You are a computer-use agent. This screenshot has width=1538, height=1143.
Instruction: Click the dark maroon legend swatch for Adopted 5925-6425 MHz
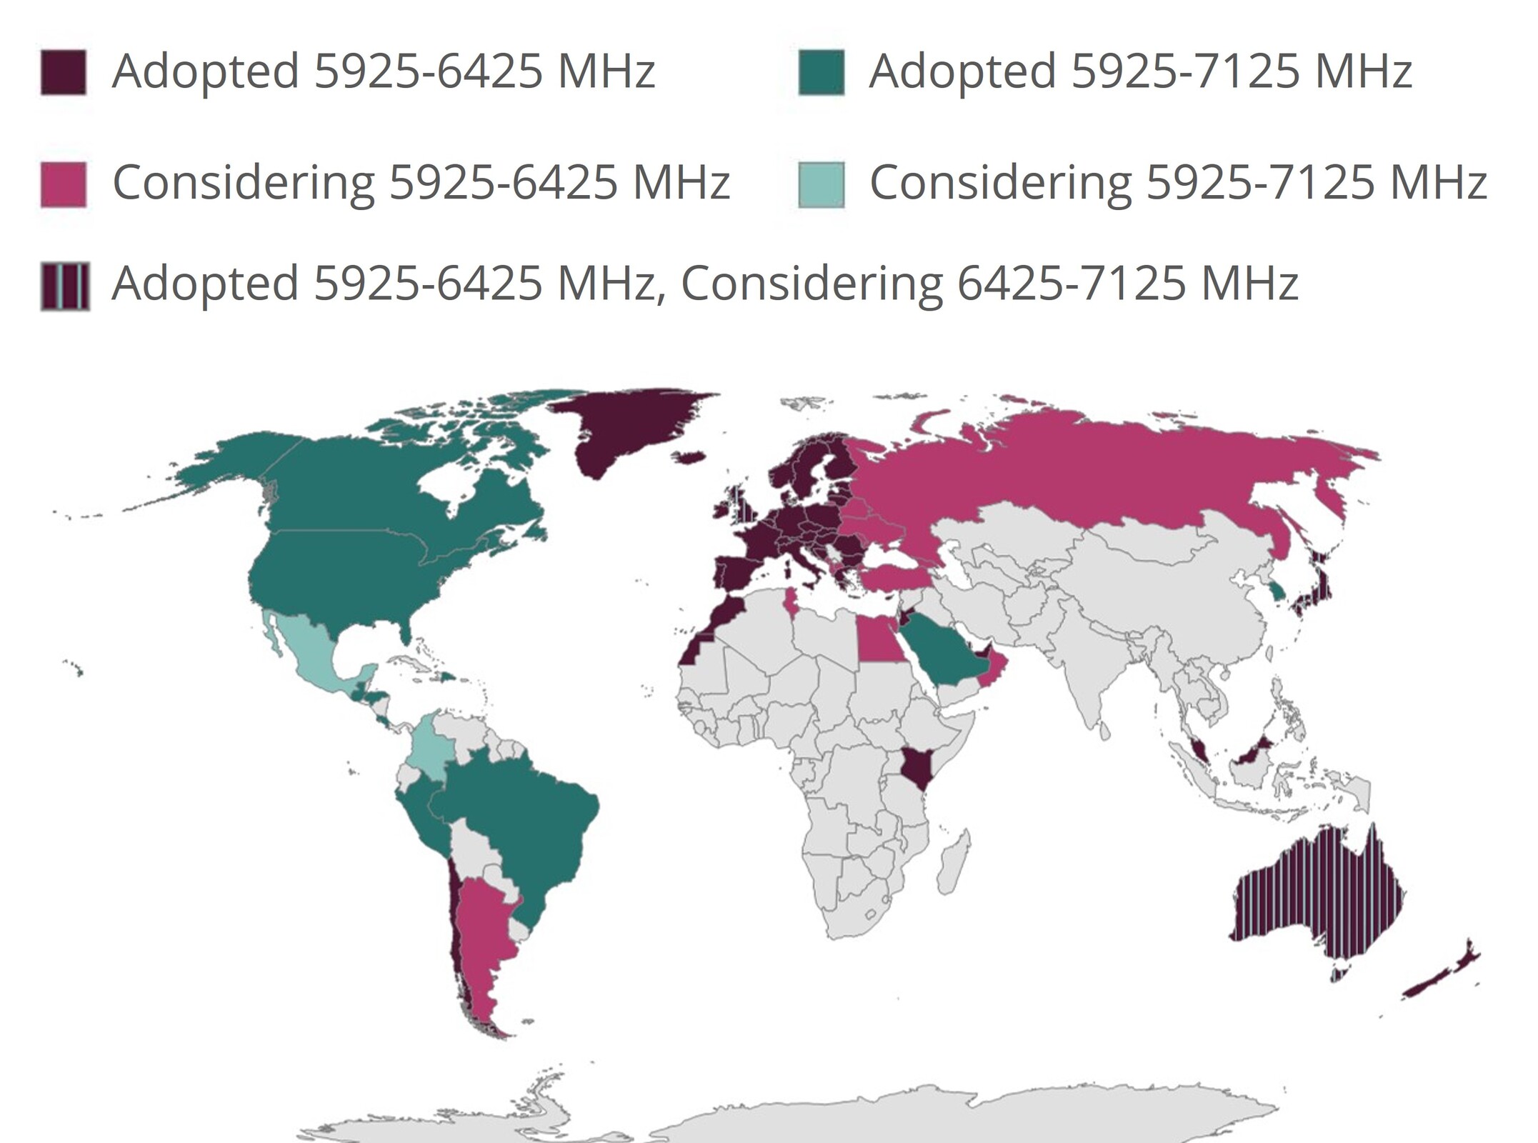click(x=64, y=72)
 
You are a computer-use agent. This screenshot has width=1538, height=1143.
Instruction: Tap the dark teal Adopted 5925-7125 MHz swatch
click(x=821, y=72)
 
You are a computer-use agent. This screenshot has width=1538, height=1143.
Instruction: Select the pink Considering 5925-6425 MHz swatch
click(x=64, y=184)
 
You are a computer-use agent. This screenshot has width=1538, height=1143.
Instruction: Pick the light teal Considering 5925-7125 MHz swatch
click(x=821, y=184)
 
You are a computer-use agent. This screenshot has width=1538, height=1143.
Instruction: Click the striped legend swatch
click(x=65, y=286)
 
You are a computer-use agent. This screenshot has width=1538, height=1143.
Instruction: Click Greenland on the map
click(x=629, y=429)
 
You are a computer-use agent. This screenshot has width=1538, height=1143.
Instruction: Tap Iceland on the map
click(x=690, y=457)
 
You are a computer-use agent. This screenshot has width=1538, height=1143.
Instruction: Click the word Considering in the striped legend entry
click(x=812, y=284)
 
